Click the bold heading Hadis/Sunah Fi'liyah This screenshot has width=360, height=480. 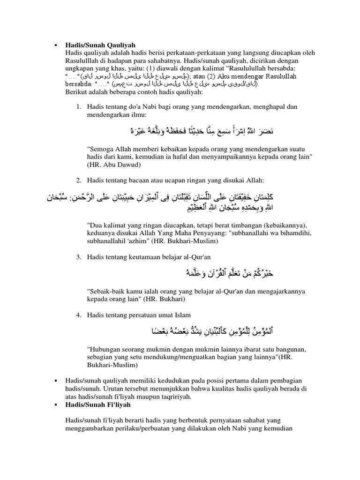coord(97,404)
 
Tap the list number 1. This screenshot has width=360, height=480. coord(79,107)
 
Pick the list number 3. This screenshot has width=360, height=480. coord(79,256)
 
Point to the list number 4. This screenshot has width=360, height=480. coord(79,314)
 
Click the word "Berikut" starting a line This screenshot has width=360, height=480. coord(78,92)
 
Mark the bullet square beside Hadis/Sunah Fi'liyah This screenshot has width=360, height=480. coord(56,404)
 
